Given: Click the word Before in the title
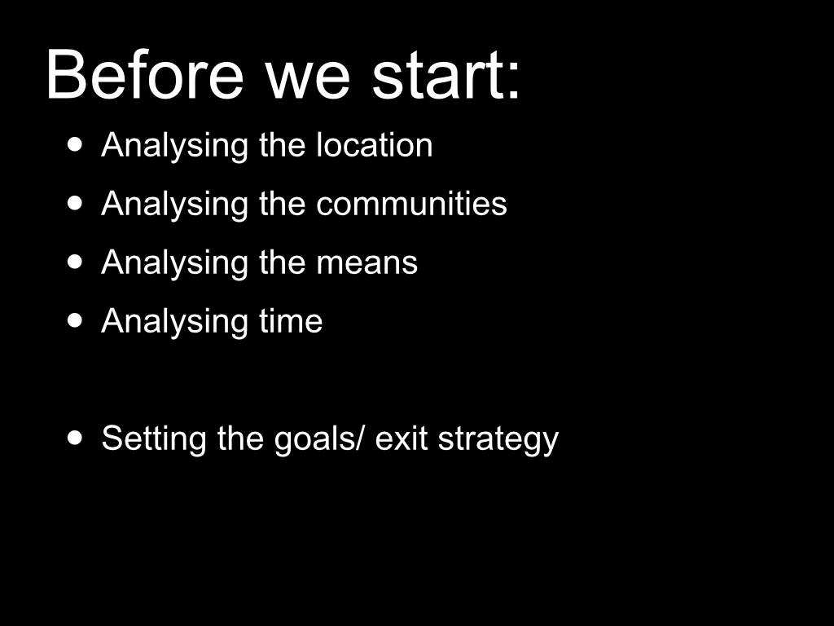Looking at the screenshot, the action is tap(145, 74).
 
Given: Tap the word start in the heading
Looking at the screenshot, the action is tap(437, 74).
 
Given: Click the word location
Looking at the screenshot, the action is tap(375, 144).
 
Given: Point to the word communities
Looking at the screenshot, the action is tap(411, 203).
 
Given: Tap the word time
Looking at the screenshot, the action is tap(291, 320).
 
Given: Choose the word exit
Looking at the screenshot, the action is tap(402, 438).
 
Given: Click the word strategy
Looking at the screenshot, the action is tap(498, 440).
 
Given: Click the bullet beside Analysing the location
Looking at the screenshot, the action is tap(76, 144).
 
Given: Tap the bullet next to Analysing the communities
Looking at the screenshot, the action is tap(76, 203).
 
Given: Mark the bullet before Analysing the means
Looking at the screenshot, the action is tap(76, 262).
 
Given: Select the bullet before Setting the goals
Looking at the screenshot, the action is tap(76, 438).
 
